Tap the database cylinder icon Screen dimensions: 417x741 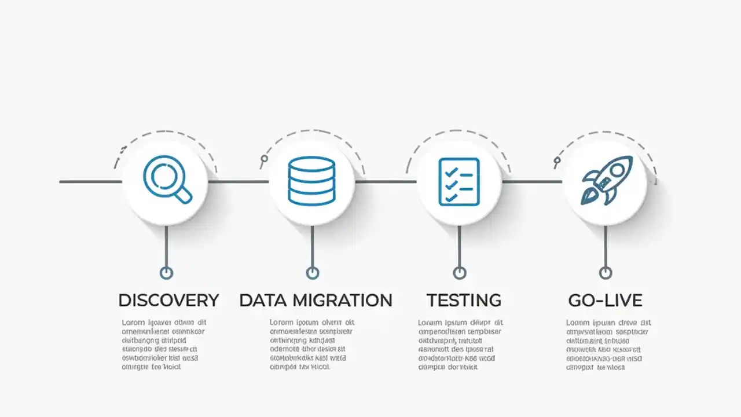[311, 181]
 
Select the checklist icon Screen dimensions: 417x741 [459, 181]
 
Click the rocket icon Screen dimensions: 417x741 [606, 180]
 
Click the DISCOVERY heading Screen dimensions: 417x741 [168, 301]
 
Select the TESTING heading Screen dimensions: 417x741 [464, 301]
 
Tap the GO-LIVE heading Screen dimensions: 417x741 [605, 301]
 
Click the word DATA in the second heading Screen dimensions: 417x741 [264, 301]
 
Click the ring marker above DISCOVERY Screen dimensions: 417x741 [166, 272]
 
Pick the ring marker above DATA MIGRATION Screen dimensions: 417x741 [312, 272]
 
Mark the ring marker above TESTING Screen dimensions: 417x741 [459, 272]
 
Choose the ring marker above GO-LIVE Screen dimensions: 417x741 [606, 272]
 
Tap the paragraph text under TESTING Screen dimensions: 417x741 [460, 345]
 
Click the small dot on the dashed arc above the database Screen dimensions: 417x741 [265, 159]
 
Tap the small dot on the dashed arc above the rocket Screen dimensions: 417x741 [557, 160]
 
